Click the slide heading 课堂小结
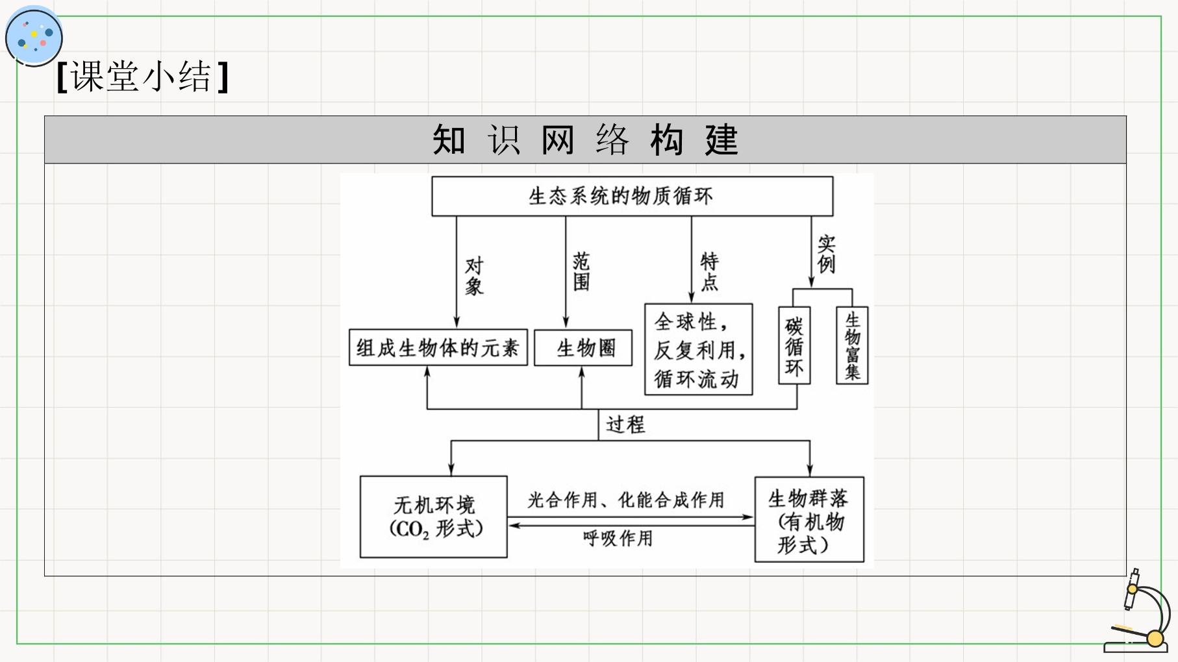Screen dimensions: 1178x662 (x=142, y=77)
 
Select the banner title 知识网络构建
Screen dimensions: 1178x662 (x=585, y=140)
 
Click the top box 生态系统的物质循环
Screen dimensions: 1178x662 (x=633, y=196)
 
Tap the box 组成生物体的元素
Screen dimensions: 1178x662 (x=438, y=348)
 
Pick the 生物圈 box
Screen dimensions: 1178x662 (x=583, y=348)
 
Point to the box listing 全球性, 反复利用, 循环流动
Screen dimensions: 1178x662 (x=699, y=349)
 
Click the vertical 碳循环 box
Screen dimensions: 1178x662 (x=794, y=346)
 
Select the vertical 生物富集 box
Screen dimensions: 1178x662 (x=852, y=346)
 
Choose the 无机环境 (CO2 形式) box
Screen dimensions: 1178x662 (x=434, y=517)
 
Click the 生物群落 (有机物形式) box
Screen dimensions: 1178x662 (x=809, y=519)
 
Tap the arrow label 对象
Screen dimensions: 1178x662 (x=475, y=276)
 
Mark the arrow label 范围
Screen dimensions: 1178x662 (x=581, y=271)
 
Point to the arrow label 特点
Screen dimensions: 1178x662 (x=709, y=271)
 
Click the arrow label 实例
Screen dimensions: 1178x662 (x=826, y=254)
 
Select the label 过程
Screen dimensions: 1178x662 (x=625, y=424)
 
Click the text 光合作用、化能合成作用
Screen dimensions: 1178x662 (x=626, y=500)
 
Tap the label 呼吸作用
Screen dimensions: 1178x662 (x=618, y=538)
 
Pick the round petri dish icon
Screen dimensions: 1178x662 (x=34, y=36)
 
